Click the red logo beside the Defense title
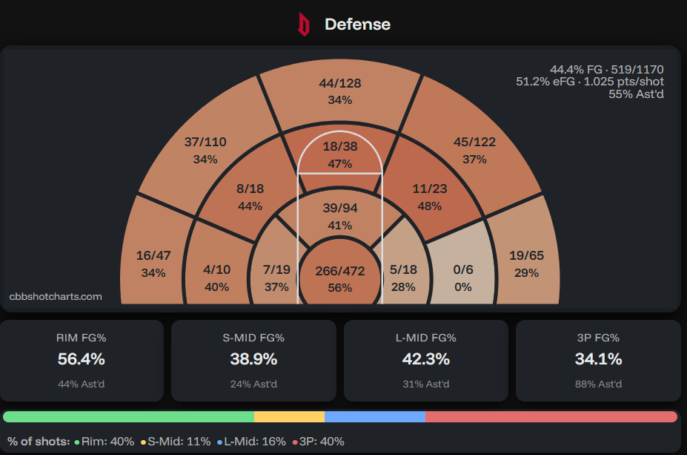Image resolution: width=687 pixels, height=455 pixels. [x=302, y=24]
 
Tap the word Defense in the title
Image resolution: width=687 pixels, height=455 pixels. [x=357, y=24]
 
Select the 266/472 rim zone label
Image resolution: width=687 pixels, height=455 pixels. [x=339, y=272]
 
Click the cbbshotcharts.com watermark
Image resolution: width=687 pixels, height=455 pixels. [x=56, y=297]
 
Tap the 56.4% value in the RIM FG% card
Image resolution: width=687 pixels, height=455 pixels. [x=82, y=359]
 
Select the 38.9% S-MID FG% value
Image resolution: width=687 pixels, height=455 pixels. [x=253, y=359]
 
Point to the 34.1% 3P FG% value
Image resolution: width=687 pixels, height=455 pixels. [x=598, y=359]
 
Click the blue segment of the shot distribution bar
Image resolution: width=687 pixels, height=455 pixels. [x=374, y=416]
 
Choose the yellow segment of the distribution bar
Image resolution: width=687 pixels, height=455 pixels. [x=289, y=416]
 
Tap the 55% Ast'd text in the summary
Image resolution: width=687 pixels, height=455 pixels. [x=636, y=94]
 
